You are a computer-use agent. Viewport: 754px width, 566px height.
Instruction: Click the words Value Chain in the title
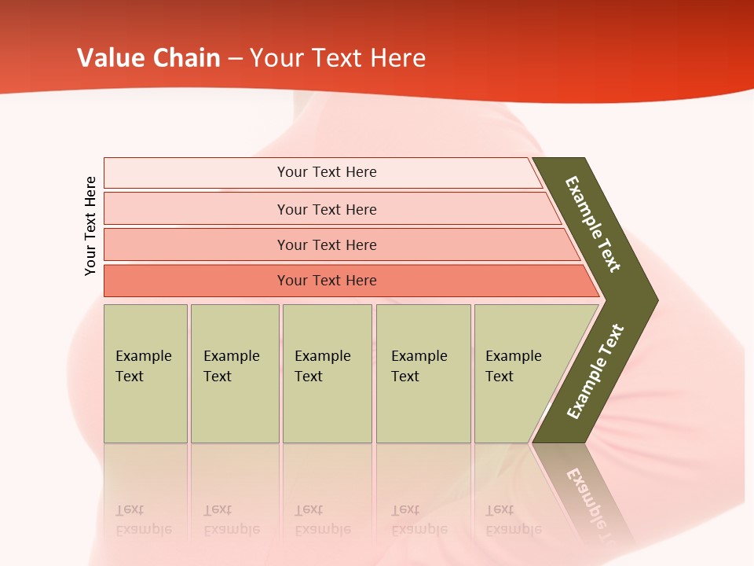coord(148,58)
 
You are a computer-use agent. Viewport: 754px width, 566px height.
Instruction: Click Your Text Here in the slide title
coord(338,58)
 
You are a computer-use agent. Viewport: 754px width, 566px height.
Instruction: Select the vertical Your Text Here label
coord(90,226)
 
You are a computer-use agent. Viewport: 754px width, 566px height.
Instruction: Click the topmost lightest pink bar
coord(326,172)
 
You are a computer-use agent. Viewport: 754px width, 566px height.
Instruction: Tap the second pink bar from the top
coord(326,209)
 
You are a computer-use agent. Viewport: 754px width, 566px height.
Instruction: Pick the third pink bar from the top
coord(326,244)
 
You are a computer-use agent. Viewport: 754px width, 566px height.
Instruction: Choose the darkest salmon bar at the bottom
coord(326,281)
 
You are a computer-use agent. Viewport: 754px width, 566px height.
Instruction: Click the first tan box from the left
coord(145,373)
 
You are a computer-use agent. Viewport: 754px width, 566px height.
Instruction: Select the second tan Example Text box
coord(234,373)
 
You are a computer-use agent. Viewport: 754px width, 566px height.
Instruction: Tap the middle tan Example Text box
coord(327,373)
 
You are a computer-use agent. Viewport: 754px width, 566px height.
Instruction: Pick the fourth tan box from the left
coord(423,373)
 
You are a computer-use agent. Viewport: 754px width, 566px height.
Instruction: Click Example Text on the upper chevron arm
coord(593,224)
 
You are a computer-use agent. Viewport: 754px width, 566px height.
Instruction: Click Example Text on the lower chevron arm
coord(595,371)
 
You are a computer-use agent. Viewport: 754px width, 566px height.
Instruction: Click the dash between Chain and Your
coord(235,59)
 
